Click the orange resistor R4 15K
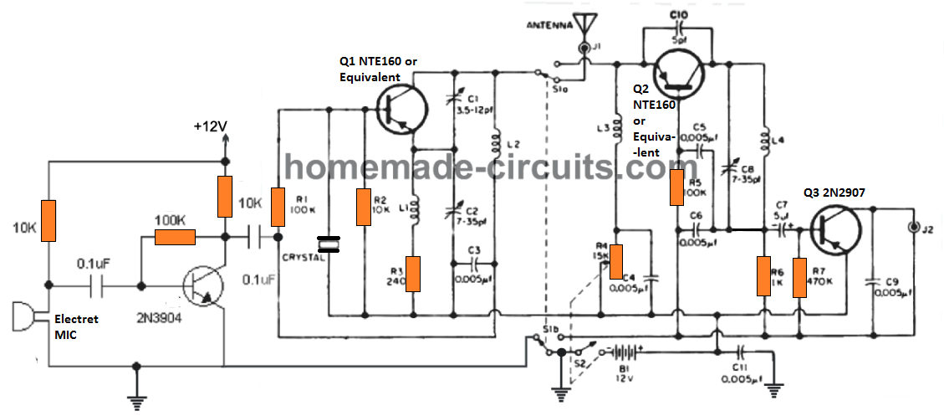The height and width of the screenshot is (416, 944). (616, 261)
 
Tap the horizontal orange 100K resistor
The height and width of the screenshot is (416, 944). (176, 238)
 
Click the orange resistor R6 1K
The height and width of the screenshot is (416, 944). (763, 276)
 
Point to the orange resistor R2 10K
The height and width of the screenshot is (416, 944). (363, 207)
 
